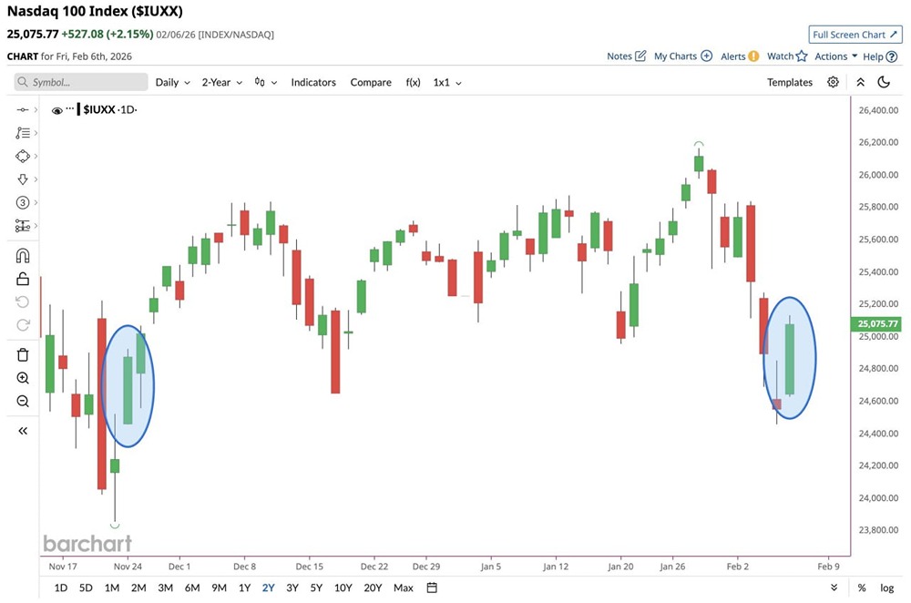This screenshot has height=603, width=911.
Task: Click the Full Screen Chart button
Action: pos(855,35)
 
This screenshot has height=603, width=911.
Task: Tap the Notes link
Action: pos(626,56)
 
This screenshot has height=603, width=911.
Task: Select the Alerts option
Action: pos(739,56)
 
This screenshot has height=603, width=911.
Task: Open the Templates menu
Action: pos(789,82)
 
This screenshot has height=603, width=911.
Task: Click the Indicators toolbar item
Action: pos(313,82)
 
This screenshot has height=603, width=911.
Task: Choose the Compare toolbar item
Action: pos(371,82)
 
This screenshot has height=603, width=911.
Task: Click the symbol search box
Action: pos(81,82)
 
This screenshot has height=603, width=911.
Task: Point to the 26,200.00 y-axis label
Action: pos(873,143)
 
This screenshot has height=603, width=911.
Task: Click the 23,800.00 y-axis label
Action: pos(873,530)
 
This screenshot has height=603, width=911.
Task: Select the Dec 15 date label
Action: pos(310,566)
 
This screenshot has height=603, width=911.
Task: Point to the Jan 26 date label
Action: pos(672,566)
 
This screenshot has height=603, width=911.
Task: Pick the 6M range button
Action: pos(192,588)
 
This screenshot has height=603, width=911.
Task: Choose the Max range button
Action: pos(404,588)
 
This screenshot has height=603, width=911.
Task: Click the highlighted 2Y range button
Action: pos(269,588)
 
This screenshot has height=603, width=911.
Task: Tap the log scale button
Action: pos(886,588)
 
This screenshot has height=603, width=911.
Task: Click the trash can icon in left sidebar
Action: pos(23,354)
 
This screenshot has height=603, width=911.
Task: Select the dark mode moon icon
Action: pos(883,82)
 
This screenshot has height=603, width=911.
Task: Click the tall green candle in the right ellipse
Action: pos(790,359)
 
